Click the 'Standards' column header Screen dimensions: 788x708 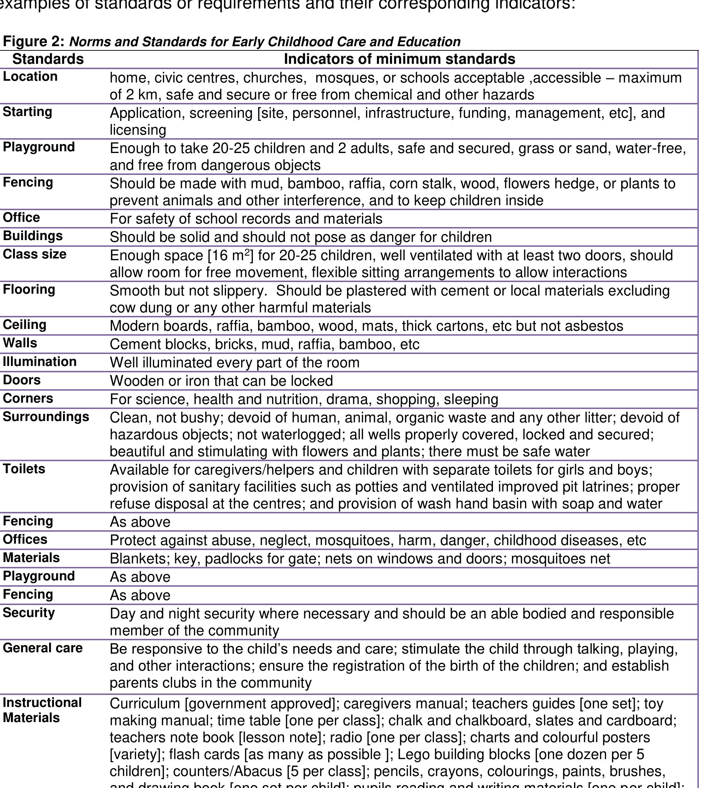48,59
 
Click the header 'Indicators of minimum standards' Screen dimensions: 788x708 399,59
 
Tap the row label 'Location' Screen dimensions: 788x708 30,77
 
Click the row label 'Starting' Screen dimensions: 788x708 27,112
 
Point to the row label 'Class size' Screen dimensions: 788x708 35,254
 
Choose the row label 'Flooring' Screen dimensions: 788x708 29,290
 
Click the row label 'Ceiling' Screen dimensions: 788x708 25,325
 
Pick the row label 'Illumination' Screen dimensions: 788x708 40,362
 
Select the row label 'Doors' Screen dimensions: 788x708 22,380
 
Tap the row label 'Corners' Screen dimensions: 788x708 28,398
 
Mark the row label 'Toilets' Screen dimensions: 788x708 24,469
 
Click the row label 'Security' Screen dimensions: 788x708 29,613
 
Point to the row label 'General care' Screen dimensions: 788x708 43,648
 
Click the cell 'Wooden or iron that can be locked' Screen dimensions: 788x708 221,381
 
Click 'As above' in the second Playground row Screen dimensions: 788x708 140,577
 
